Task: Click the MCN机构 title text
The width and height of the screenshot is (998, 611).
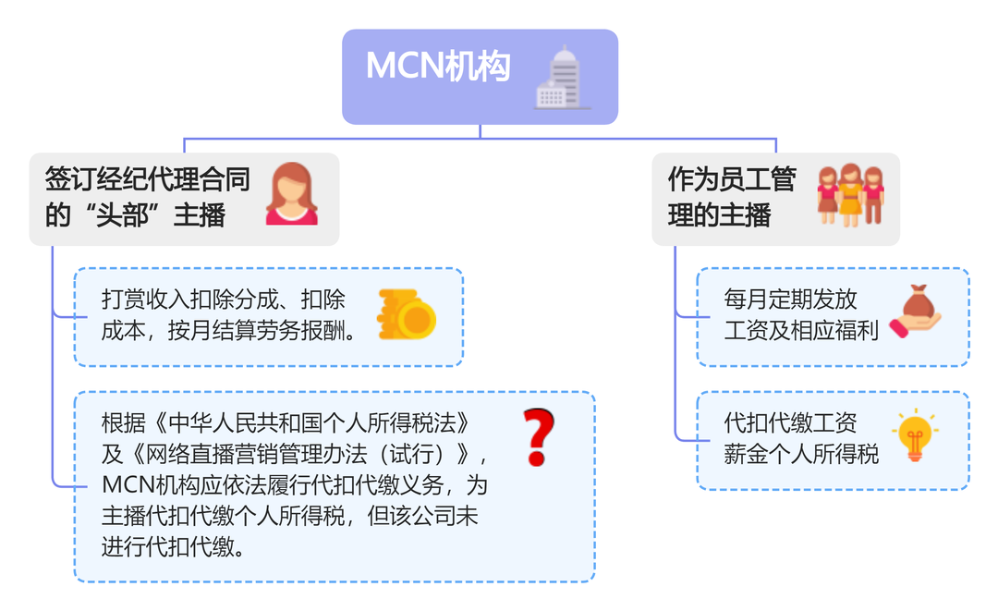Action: pyautogui.click(x=438, y=67)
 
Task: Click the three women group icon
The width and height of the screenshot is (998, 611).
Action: pyautogui.click(x=850, y=195)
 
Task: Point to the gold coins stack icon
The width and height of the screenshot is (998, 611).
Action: pyautogui.click(x=407, y=315)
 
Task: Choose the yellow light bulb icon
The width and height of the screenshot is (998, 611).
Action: pyautogui.click(x=915, y=435)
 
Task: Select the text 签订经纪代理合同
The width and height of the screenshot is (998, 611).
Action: pyautogui.click(x=148, y=178)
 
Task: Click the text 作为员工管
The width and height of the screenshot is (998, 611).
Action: pyautogui.click(x=731, y=178)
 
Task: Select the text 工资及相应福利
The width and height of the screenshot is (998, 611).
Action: pyautogui.click(x=801, y=330)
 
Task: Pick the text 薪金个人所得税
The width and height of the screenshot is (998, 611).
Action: pyautogui.click(x=801, y=454)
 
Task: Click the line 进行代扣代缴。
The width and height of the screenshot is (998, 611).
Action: pyautogui.click(x=175, y=547)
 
